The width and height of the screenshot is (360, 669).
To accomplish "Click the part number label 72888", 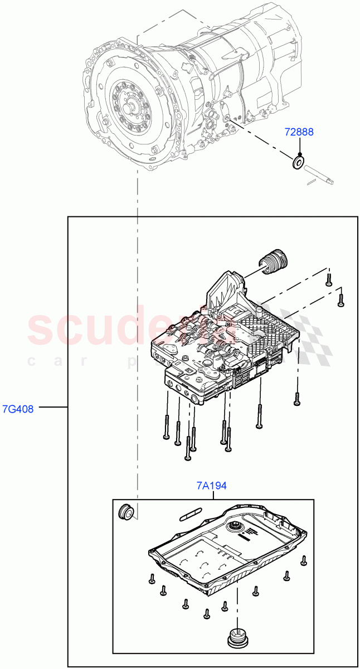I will (x=299, y=132).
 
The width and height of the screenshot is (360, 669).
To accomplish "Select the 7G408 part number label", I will (x=18, y=409).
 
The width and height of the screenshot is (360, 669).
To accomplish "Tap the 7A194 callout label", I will (x=212, y=486).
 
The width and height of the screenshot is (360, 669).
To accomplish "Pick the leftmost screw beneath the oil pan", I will (x=152, y=579).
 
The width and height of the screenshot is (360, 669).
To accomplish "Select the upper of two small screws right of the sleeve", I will (x=329, y=280).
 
